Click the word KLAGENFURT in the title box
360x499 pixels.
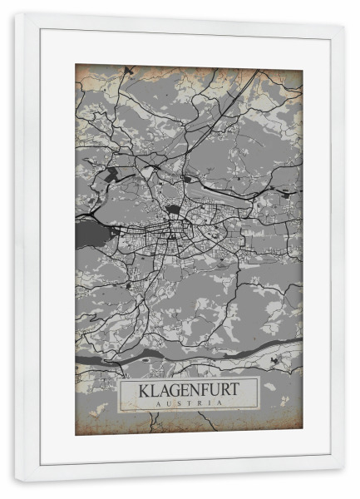(189, 389)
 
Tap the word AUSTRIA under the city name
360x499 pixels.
(189, 403)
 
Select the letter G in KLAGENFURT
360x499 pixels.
(174, 389)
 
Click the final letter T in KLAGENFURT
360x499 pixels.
(236, 389)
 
